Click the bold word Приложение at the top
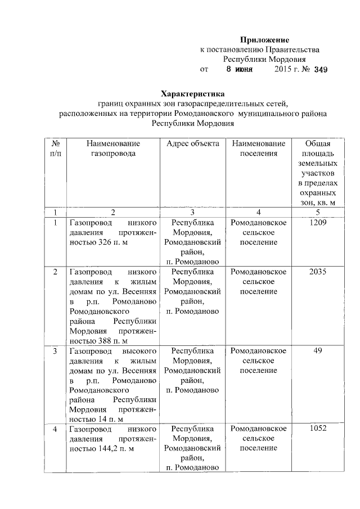[x=264, y=40]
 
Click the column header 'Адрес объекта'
[x=193, y=144]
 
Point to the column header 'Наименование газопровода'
[x=113, y=148]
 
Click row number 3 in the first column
[x=55, y=351]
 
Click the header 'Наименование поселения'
[x=258, y=148]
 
